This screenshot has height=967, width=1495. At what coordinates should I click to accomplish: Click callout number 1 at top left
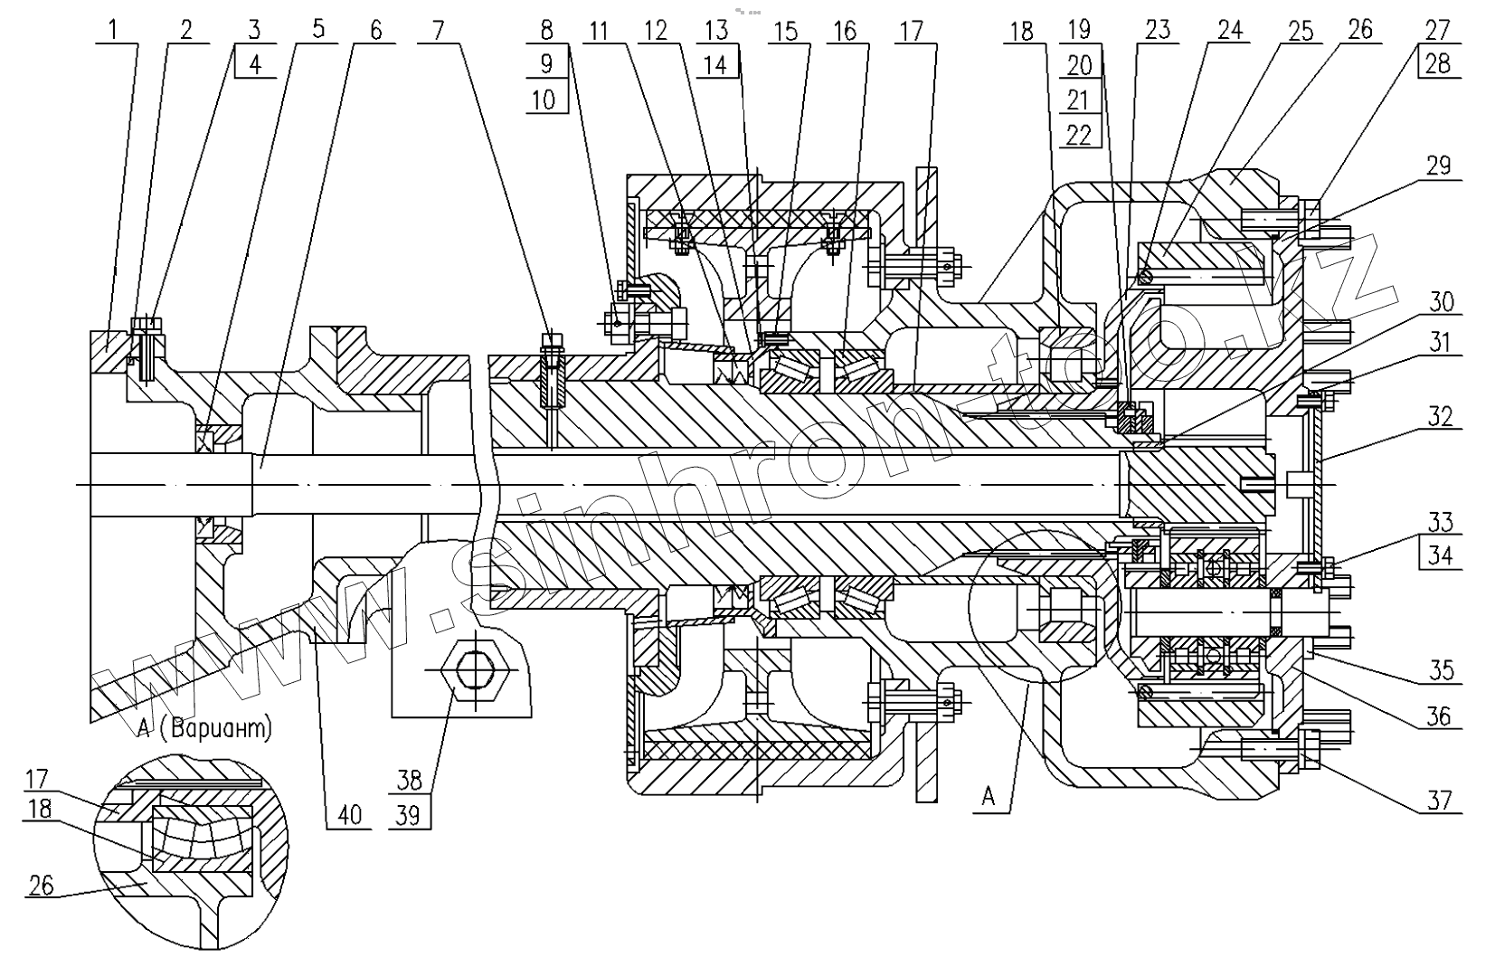pos(113,31)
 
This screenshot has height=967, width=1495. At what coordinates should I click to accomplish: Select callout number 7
pos(438,31)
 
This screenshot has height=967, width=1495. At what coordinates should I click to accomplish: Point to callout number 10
pos(544,99)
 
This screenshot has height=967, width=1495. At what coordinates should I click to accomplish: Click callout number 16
pos(844,31)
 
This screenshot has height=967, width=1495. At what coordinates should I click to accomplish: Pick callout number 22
pos(1078,135)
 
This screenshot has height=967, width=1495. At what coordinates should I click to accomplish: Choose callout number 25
pos(1301,31)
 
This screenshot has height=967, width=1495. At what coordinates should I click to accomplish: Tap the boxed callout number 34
pos(1440,554)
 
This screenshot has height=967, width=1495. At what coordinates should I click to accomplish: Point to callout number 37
pos(1439,799)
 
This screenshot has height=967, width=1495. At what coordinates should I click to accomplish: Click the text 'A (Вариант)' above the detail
pos(203,729)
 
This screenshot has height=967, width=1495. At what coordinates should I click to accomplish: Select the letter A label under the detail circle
pos(988,796)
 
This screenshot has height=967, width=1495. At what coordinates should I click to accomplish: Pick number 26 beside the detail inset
pos(40,885)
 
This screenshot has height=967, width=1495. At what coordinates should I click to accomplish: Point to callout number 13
pos(715,31)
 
